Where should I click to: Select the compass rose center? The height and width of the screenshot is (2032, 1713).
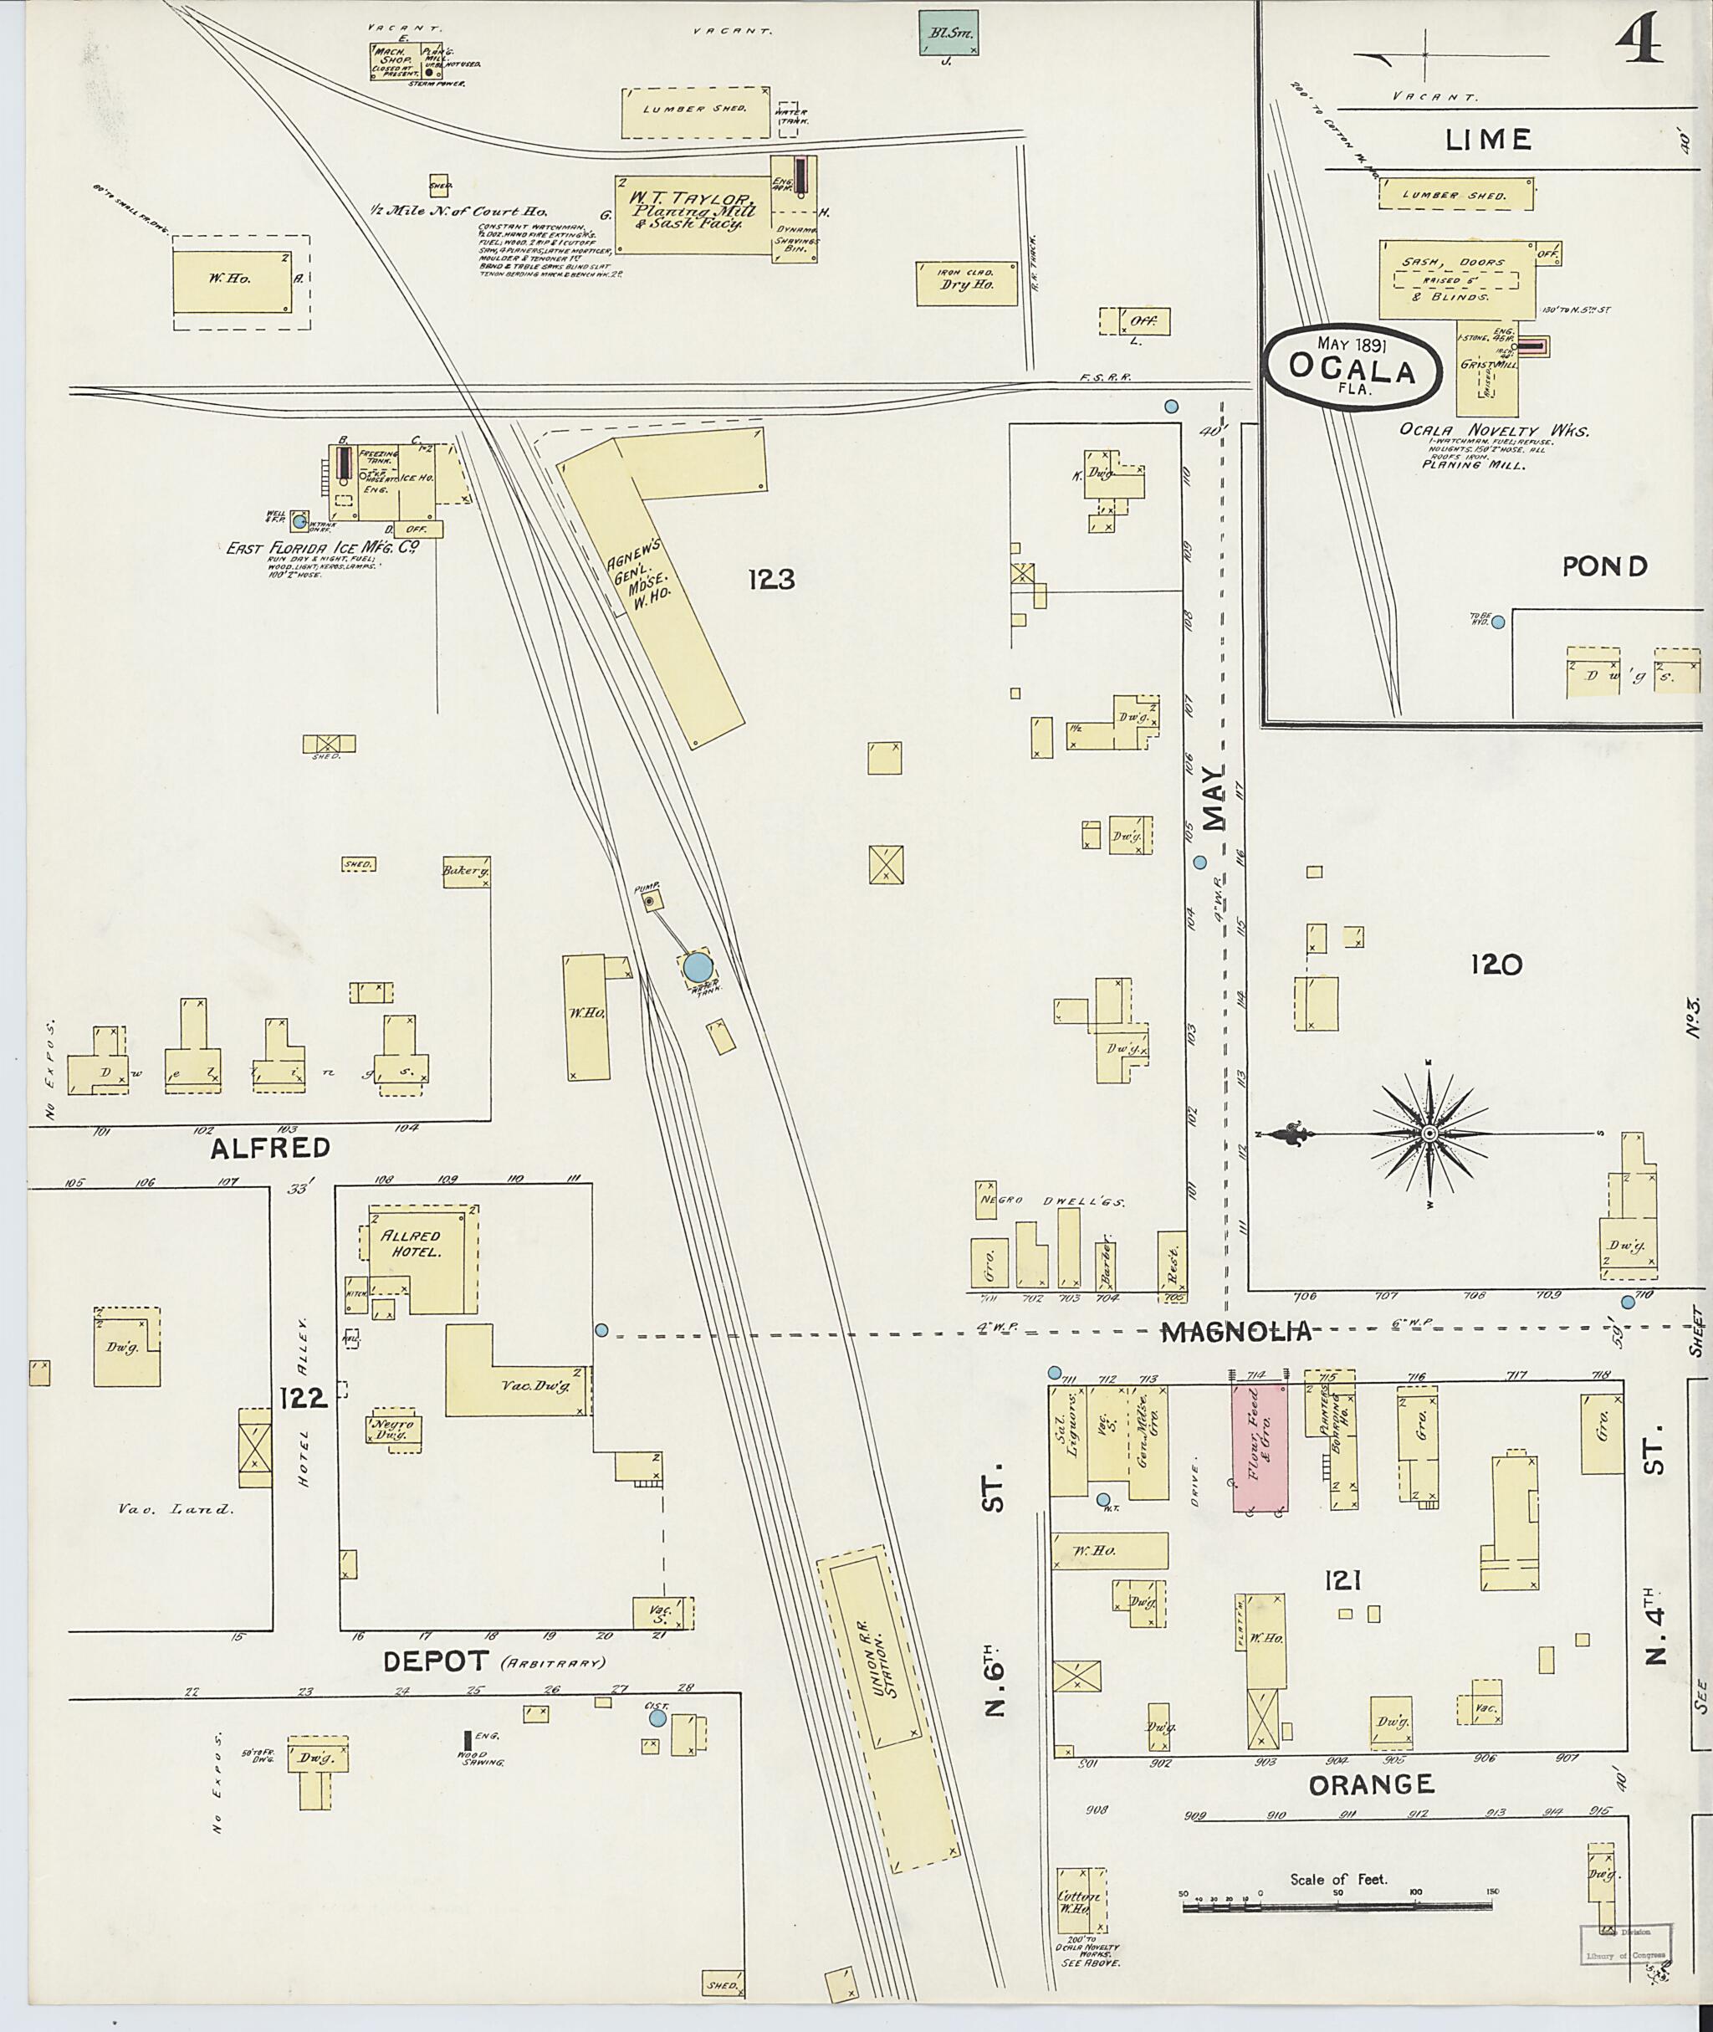[x=1429, y=1134]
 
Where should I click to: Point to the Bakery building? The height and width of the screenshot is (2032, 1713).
[x=465, y=871]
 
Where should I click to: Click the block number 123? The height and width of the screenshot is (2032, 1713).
[x=771, y=580]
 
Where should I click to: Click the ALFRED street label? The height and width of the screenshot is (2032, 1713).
[x=271, y=1148]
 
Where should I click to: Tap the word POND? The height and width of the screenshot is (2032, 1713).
[x=1604, y=566]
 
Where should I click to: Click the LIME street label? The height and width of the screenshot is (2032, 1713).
[x=1489, y=140]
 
